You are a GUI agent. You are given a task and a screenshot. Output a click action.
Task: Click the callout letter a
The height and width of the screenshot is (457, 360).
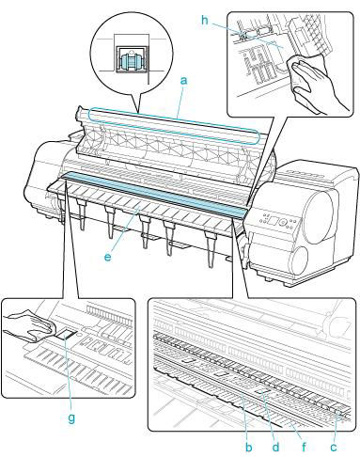click(184, 81)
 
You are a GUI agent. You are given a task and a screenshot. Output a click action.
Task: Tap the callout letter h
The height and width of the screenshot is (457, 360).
click(205, 21)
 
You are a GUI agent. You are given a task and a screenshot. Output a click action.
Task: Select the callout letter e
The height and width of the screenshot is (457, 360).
click(107, 258)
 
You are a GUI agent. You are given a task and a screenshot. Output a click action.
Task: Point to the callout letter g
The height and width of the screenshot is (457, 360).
click(71, 418)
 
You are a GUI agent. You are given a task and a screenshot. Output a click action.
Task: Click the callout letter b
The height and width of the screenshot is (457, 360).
click(249, 448)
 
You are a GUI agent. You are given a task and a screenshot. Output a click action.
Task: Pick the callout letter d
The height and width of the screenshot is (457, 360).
click(275, 448)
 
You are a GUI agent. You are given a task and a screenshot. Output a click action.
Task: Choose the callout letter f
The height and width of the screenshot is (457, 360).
click(304, 448)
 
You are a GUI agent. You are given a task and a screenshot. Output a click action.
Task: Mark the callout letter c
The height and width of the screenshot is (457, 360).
click(334, 448)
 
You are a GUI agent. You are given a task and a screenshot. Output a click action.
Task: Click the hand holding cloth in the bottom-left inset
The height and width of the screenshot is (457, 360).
click(30, 326)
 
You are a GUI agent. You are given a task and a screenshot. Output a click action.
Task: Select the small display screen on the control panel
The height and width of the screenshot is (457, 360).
click(272, 221)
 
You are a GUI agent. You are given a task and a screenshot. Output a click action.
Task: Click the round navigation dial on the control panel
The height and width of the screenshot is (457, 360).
click(284, 223)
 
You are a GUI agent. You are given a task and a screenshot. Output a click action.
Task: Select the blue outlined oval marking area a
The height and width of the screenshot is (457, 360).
click(174, 126)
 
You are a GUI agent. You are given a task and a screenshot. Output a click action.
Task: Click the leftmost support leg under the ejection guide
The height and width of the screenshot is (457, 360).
click(81, 213)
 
